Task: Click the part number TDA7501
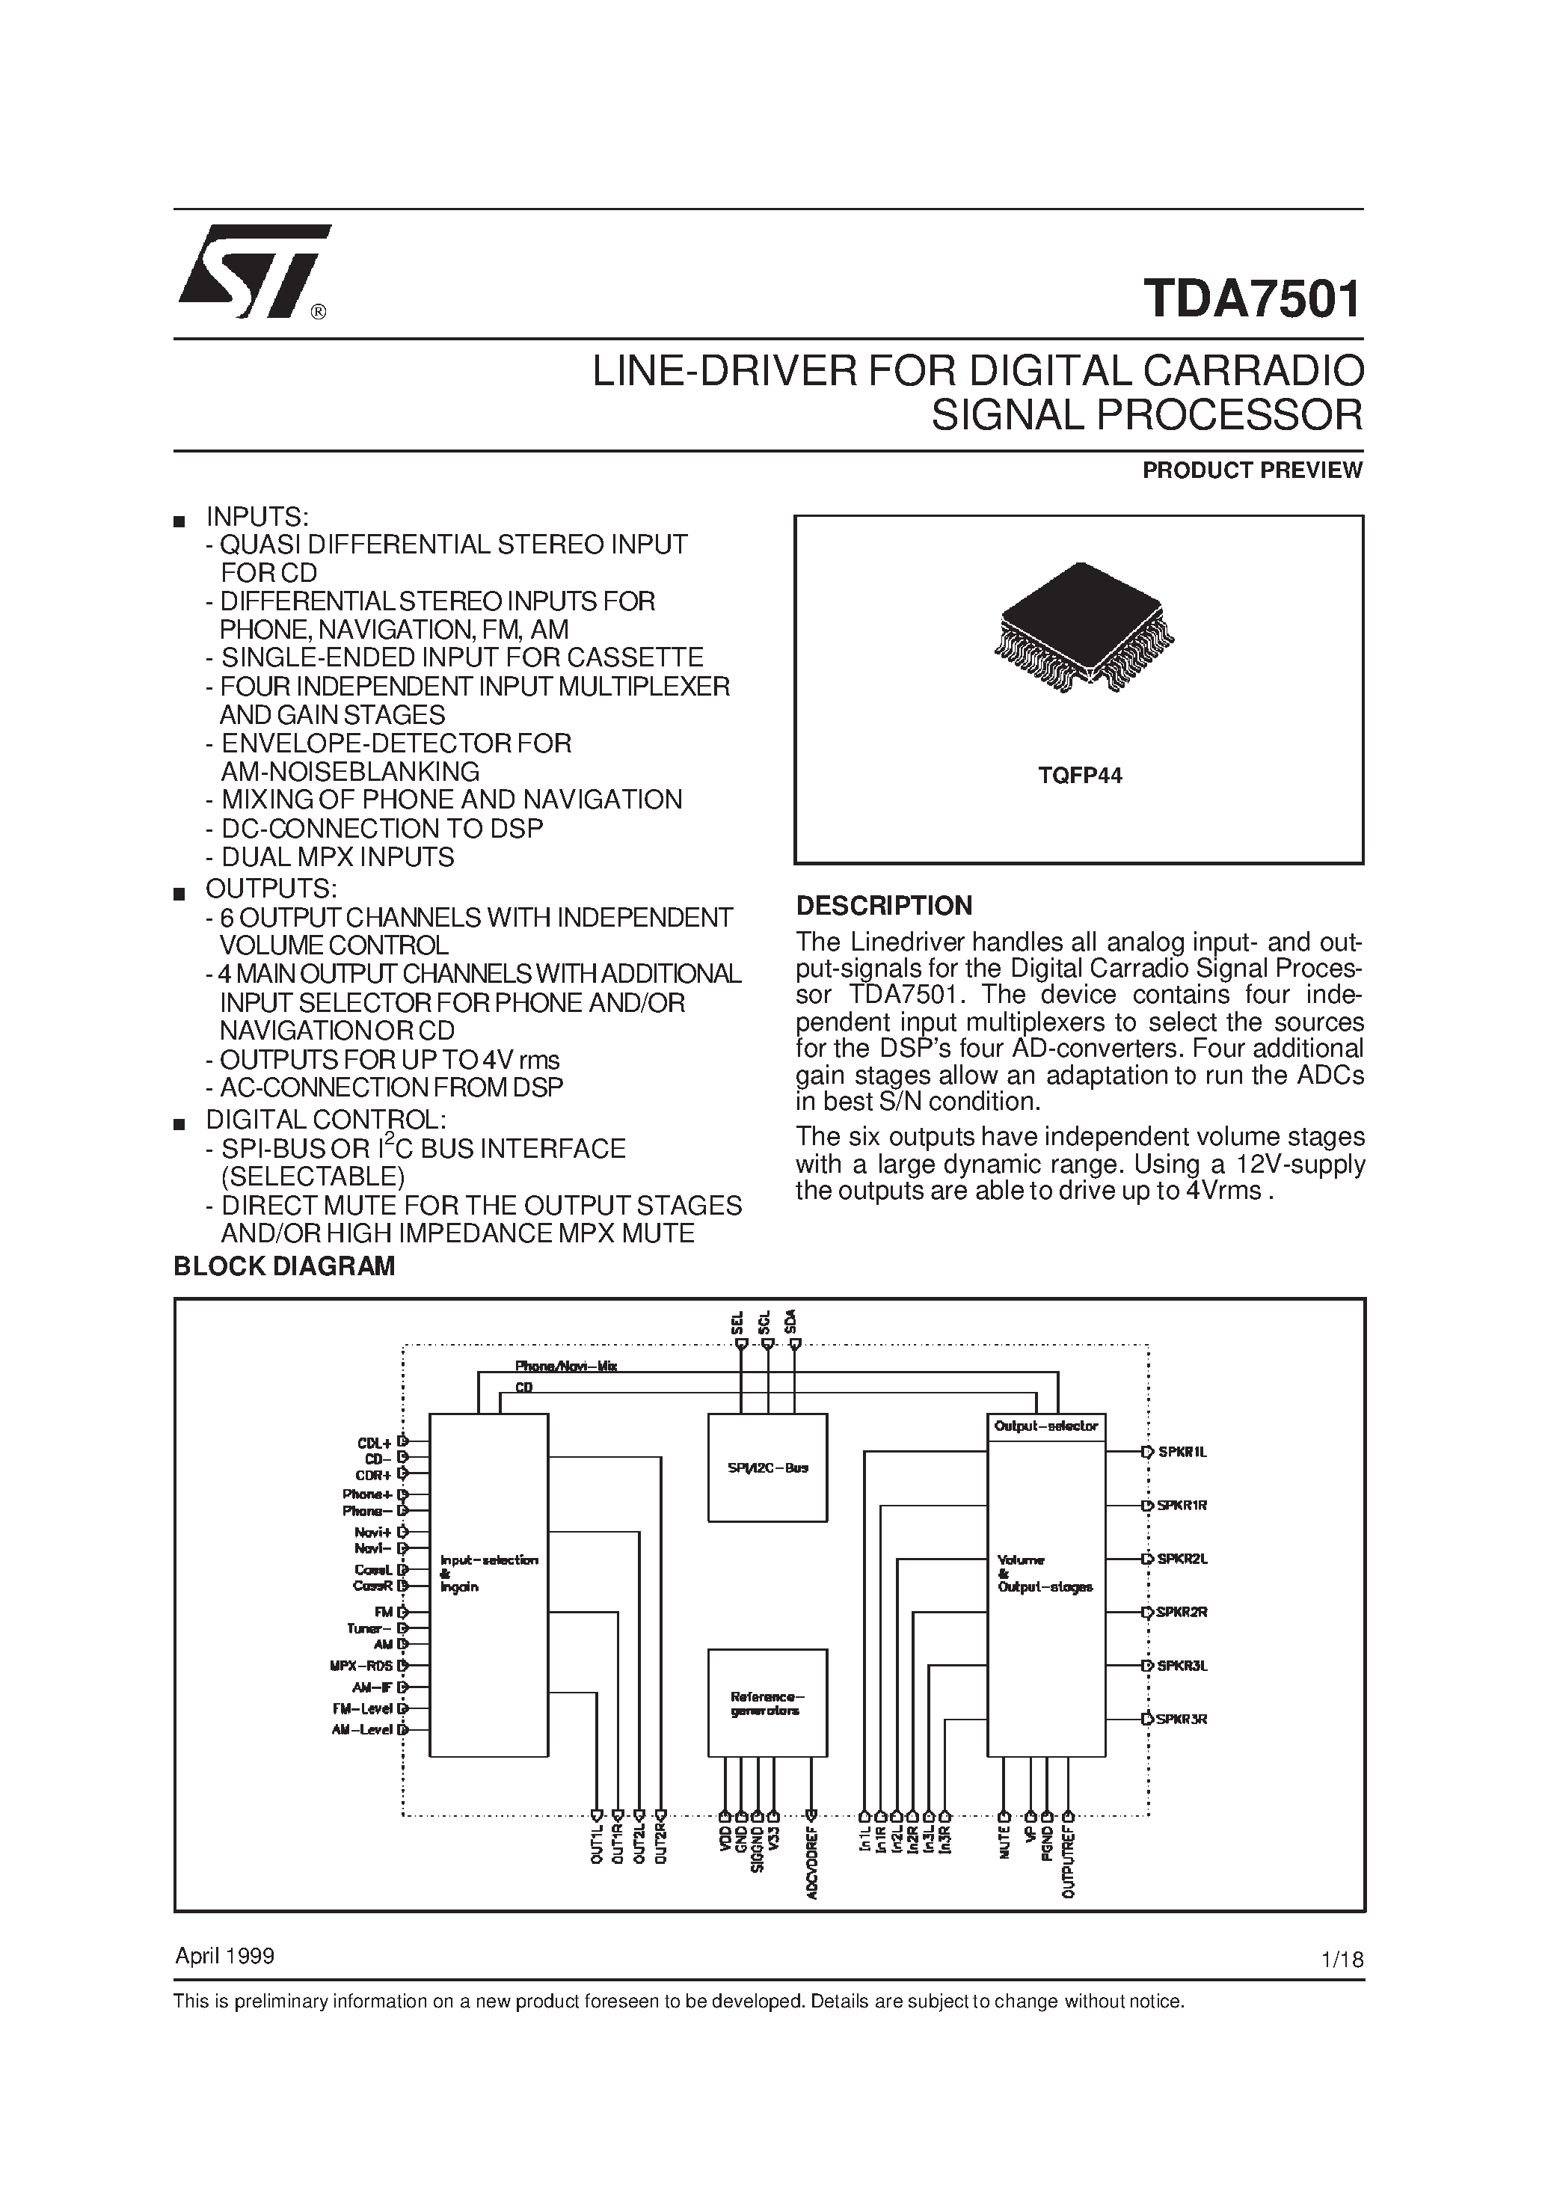tap(1253, 299)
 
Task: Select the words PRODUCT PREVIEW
tap(1252, 470)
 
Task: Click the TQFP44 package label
tap(1079, 776)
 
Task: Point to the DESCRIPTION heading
tap(884, 906)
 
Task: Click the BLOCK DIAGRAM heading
tap(284, 1267)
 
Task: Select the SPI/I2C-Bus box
tap(767, 1467)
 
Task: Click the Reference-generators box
tap(767, 1702)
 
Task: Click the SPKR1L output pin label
tap(1182, 1453)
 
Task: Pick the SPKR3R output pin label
tap(1182, 1720)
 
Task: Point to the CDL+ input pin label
tap(375, 1443)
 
